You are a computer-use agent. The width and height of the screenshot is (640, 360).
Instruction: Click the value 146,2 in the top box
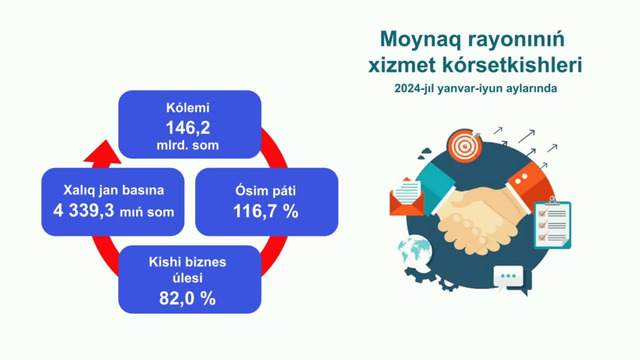click(x=190, y=127)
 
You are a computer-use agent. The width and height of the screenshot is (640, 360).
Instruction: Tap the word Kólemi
click(x=190, y=107)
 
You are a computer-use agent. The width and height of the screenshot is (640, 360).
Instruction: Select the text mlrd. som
click(x=190, y=146)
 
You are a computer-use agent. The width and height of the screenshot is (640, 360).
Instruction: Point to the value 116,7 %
click(x=247, y=212)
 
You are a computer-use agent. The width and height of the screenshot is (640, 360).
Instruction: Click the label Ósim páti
click(x=247, y=190)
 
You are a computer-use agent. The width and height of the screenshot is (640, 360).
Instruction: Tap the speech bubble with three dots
click(x=509, y=274)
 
